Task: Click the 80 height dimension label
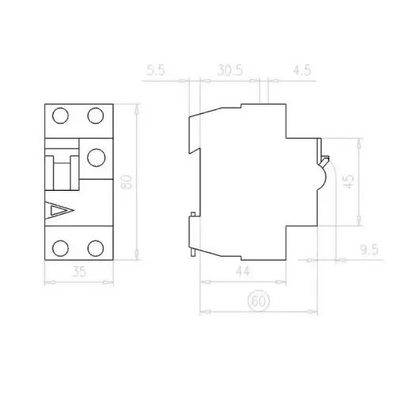coord(126,181)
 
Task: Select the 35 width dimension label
coord(79,272)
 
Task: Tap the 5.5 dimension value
coord(156,70)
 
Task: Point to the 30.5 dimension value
coord(230,70)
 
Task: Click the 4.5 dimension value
coord(302,70)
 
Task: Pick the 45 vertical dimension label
coord(349,181)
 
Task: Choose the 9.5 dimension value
coord(369,249)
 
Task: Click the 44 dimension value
coord(243,271)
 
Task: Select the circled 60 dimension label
coord(259,301)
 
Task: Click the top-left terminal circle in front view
coord(60,116)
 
